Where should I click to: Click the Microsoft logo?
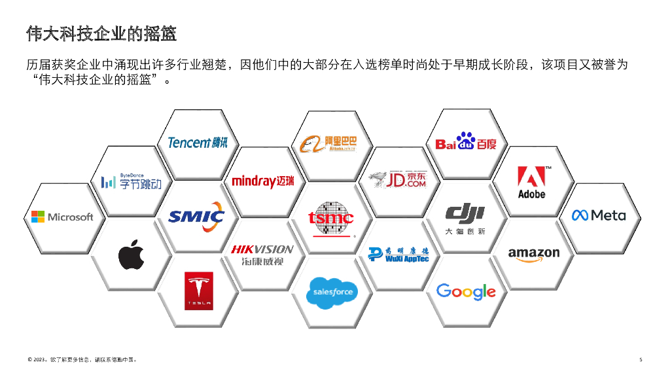(x=62, y=217)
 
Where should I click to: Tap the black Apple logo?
(x=131, y=255)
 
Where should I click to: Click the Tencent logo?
(x=198, y=142)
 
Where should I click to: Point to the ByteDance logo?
(x=131, y=182)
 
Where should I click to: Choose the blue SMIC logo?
(x=196, y=217)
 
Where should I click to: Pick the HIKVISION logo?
(x=262, y=254)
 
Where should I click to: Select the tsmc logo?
(x=331, y=218)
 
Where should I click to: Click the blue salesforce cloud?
(x=332, y=292)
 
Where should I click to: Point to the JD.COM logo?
(x=398, y=179)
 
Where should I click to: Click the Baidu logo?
(x=465, y=142)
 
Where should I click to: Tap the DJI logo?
(x=465, y=218)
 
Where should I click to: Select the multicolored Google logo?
(x=465, y=291)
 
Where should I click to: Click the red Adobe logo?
(x=531, y=183)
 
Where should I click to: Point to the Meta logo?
(x=599, y=215)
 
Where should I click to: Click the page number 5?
(x=641, y=359)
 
